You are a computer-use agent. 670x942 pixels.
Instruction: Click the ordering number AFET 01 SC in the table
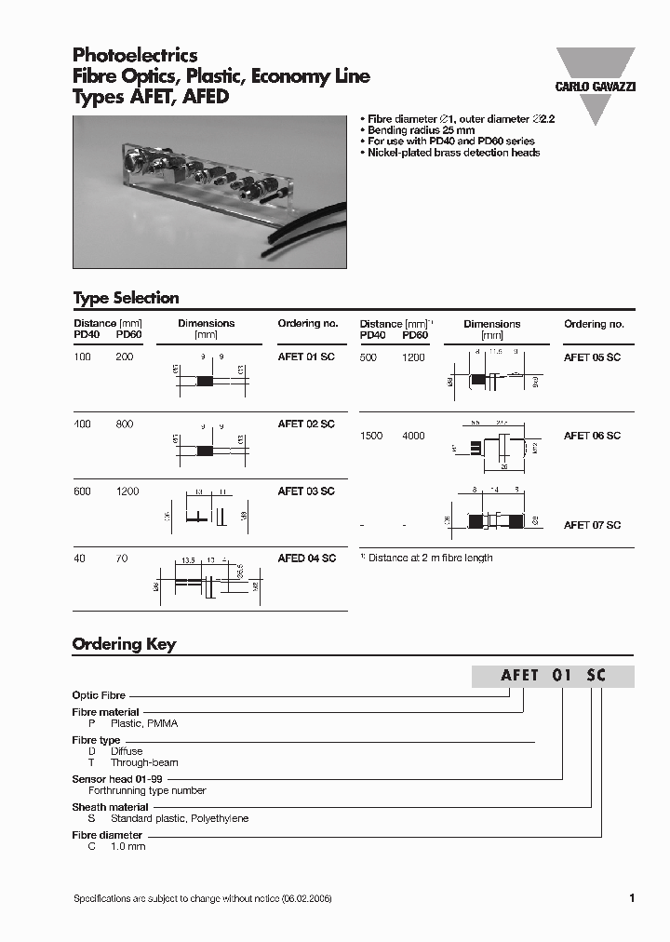[x=306, y=357]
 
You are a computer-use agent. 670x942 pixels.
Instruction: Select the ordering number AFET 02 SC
[x=306, y=424]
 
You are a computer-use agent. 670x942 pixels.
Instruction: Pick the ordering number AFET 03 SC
[x=306, y=491]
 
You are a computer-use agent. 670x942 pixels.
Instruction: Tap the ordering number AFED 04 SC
[x=306, y=558]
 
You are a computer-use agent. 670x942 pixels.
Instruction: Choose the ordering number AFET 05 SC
[x=592, y=357]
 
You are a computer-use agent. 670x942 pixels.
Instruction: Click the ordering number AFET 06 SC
[x=592, y=436]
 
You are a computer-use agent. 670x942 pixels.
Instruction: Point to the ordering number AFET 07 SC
[x=592, y=525]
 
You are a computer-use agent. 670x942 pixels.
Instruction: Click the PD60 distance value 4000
[x=413, y=436]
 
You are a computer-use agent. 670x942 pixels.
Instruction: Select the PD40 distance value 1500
[x=371, y=436]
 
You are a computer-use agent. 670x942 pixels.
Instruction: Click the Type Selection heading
[x=126, y=298]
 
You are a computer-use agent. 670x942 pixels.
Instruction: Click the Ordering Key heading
[x=124, y=644]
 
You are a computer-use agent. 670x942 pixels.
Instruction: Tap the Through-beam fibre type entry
[x=144, y=762]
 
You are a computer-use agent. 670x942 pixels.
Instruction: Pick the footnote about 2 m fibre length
[x=427, y=558]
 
